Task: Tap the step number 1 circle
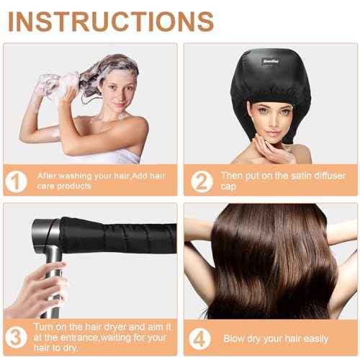click(15, 181)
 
